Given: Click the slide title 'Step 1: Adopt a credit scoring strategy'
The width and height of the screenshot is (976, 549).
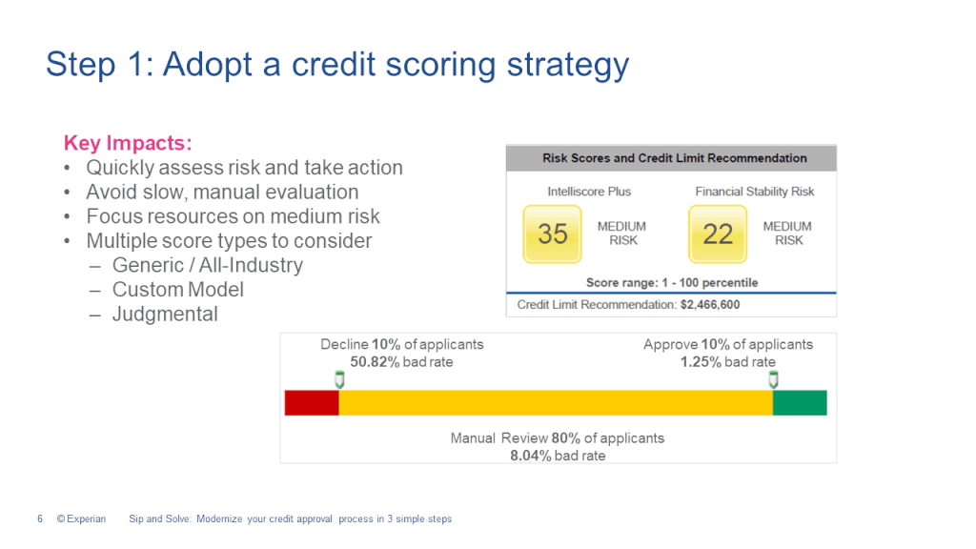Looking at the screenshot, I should [x=337, y=65].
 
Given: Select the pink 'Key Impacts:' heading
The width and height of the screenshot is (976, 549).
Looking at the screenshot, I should [x=128, y=143].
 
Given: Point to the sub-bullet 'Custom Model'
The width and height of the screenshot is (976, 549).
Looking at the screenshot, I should [x=178, y=290].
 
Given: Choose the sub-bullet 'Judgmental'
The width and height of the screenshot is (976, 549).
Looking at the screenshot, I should [x=165, y=315].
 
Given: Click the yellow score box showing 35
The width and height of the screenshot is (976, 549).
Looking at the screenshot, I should [x=553, y=234].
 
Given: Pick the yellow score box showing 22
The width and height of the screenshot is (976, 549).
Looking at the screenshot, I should [x=718, y=234].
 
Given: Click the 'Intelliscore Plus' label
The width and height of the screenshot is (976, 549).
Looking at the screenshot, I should [x=588, y=192].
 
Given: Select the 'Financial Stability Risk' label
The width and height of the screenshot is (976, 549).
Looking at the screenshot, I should [x=755, y=192].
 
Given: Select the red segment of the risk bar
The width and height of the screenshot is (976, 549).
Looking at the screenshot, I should [x=312, y=402].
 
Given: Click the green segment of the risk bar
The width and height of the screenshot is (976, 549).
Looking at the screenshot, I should [x=800, y=402].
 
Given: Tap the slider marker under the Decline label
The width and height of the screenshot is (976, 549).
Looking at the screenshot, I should [x=339, y=380].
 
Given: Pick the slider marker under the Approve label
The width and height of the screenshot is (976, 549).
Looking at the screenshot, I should [x=773, y=380].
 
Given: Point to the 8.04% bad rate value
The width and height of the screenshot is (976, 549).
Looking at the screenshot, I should [x=532, y=456].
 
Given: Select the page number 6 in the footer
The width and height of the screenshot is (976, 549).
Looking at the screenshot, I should [x=40, y=519].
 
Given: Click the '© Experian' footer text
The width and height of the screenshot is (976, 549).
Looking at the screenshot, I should [x=81, y=519].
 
